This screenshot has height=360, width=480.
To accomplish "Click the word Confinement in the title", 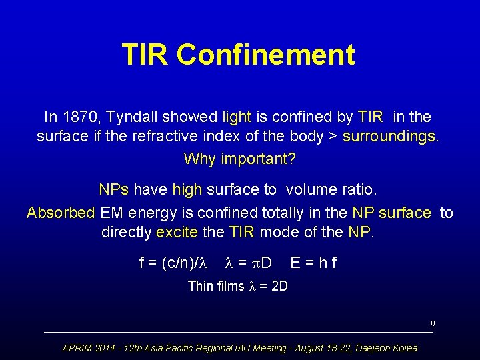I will pos(266,55).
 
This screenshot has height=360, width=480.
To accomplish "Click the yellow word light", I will pos(237,117).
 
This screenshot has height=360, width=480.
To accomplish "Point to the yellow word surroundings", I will pos(390,138).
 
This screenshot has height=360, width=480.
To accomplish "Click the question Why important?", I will pos(239,159).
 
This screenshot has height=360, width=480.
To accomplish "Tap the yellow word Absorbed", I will pos(61,213).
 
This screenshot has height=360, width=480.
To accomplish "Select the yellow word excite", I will pos(177,233).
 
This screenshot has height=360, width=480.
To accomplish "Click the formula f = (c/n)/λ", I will pos(173,263).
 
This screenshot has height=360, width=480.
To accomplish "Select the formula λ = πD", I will pos(247,263).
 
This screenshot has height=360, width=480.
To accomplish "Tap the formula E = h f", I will pos(313,263).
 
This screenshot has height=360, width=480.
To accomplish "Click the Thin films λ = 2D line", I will pos(237,286).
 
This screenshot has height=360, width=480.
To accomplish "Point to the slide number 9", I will pos(433,324).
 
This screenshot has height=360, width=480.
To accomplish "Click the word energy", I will pos(147,213).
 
